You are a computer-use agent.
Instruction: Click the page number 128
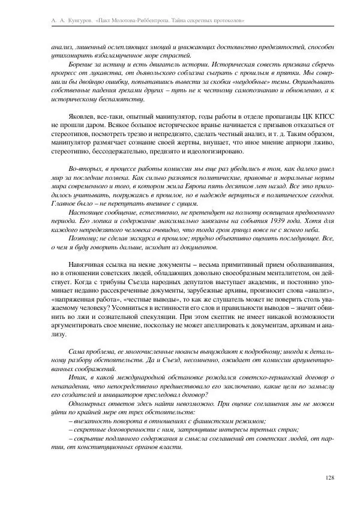tap(328, 477)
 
